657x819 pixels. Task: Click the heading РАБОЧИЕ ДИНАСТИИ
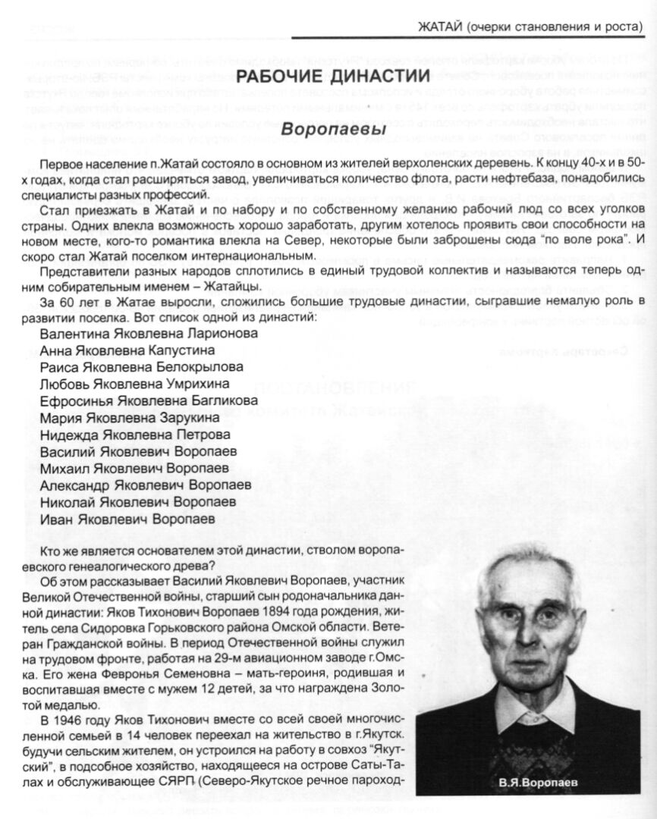click(x=333, y=76)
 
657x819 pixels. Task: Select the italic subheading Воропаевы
click(x=313, y=130)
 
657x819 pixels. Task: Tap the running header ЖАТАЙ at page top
click(x=440, y=27)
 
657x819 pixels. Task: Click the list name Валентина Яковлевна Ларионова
click(x=149, y=333)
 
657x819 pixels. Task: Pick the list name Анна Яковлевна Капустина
click(x=127, y=350)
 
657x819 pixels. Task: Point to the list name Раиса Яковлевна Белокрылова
click(x=137, y=367)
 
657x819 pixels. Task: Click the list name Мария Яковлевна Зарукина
click(x=130, y=417)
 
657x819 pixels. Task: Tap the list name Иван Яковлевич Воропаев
click(x=127, y=519)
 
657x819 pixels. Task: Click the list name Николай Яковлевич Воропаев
click(x=138, y=502)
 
